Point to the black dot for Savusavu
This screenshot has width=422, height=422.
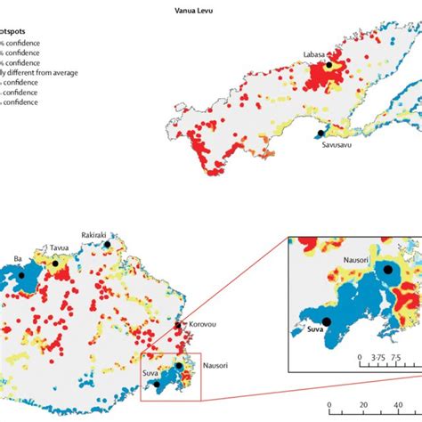coord(321,134)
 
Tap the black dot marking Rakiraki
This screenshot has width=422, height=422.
coord(108,243)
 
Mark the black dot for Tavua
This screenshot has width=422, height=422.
coord(54,264)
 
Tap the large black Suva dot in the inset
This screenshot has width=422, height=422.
coord(327,321)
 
